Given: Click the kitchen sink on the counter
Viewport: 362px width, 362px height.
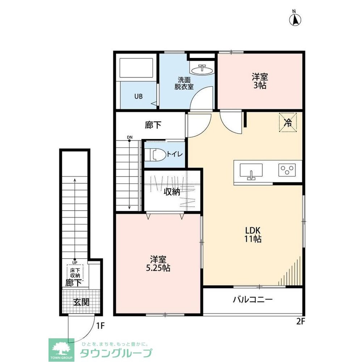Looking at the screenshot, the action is pyautogui.click(x=251, y=172).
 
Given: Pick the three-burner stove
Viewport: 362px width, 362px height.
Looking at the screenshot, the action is pyautogui.click(x=287, y=170).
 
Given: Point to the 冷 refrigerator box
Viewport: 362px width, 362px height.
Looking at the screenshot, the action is pyautogui.click(x=288, y=122).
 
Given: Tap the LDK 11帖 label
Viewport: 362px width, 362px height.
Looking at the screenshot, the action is pyautogui.click(x=253, y=234).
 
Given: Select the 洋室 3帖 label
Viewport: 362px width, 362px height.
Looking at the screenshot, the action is pyautogui.click(x=260, y=81).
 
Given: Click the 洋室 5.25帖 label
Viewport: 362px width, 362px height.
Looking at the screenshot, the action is pyautogui.click(x=158, y=264).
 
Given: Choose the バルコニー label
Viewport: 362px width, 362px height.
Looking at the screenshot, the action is pyautogui.click(x=253, y=300).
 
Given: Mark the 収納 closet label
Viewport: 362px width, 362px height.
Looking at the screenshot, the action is pyautogui.click(x=172, y=191).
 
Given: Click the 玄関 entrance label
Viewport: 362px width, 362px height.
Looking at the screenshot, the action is pyautogui.click(x=81, y=302).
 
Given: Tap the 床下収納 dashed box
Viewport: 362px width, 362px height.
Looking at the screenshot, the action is pyautogui.click(x=75, y=273).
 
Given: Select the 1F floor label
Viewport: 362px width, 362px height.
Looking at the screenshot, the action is pyautogui.click(x=100, y=326).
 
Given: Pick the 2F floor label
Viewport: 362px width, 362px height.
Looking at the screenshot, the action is pyautogui.click(x=301, y=321).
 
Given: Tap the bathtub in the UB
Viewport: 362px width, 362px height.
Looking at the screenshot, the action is pyautogui.click(x=136, y=68).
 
